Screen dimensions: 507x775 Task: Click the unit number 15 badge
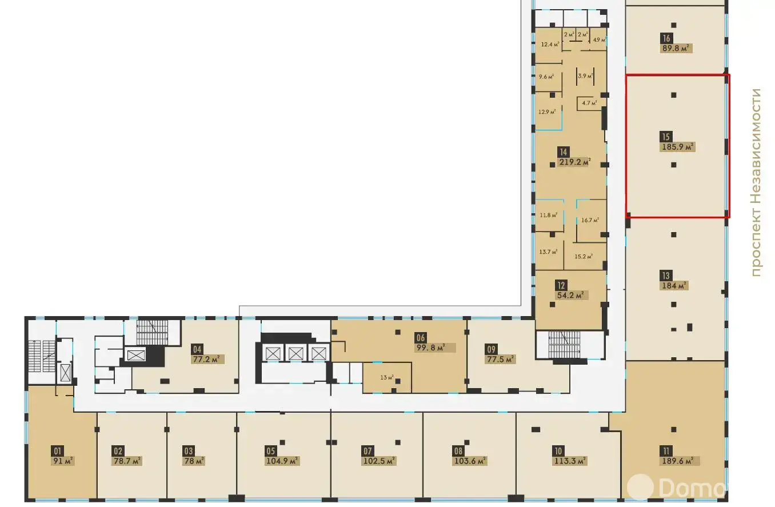[665, 137]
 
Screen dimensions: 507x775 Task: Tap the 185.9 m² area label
[677, 147]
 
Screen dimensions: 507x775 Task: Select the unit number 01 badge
[57, 450]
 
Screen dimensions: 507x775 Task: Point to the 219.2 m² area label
[574, 162]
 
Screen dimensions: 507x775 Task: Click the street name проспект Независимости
[757, 183]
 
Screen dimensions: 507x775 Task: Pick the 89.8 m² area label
[677, 49]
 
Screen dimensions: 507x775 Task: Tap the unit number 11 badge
[667, 450]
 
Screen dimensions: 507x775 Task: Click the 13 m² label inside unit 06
[387, 378]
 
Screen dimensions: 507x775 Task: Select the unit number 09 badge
[490, 349]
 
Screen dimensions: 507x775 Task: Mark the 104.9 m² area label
[282, 461]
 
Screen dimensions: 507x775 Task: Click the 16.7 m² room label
[590, 220]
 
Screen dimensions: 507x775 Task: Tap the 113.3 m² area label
[570, 461]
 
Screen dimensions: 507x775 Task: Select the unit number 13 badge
[666, 276]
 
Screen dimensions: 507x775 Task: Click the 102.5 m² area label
[379, 461]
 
